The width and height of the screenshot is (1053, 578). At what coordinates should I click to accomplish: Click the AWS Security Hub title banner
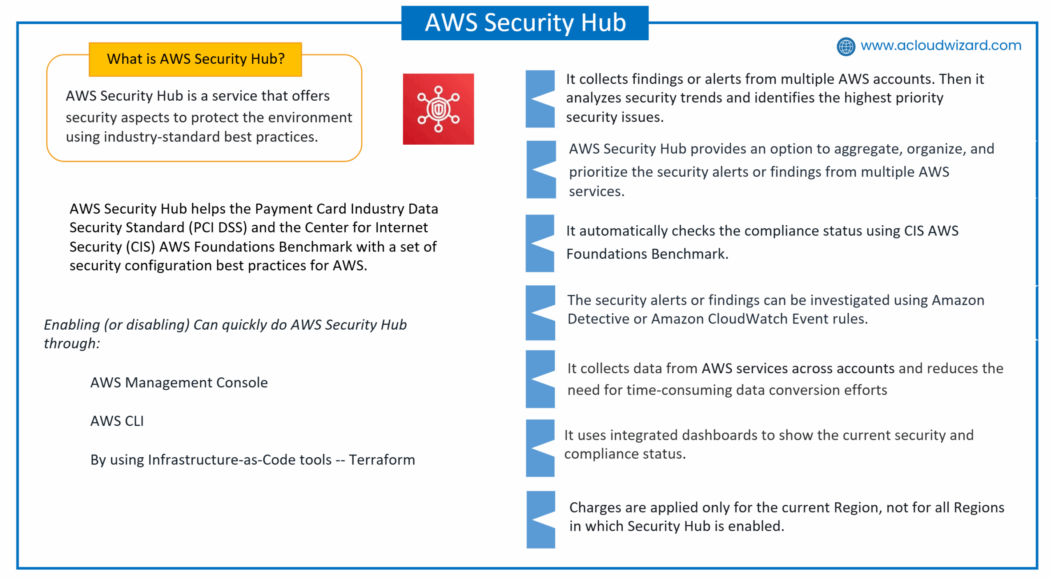(524, 23)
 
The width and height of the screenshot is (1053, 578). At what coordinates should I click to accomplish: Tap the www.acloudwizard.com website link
(940, 45)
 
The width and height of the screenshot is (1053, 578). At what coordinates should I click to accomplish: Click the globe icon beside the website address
(846, 46)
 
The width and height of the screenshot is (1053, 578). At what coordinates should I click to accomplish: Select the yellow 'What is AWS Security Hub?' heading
(195, 59)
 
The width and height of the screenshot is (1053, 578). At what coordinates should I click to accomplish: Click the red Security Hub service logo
(438, 109)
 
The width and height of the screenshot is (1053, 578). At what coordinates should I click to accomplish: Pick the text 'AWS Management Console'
(179, 382)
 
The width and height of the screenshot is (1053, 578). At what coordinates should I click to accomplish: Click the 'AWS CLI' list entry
(117, 421)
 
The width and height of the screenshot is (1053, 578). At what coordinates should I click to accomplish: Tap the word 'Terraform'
(382, 460)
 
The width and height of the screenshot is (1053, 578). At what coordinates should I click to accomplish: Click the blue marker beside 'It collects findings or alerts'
(540, 99)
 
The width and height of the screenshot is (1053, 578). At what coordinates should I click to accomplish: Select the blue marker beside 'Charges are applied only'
(541, 520)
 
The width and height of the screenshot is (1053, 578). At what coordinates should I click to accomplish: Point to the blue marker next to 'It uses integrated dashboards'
(540, 448)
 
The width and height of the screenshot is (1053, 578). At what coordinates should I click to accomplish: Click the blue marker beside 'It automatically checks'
(540, 243)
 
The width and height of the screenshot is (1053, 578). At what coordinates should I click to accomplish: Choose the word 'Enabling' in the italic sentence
(72, 325)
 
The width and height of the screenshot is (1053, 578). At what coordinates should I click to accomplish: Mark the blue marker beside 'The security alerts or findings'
(540, 313)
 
